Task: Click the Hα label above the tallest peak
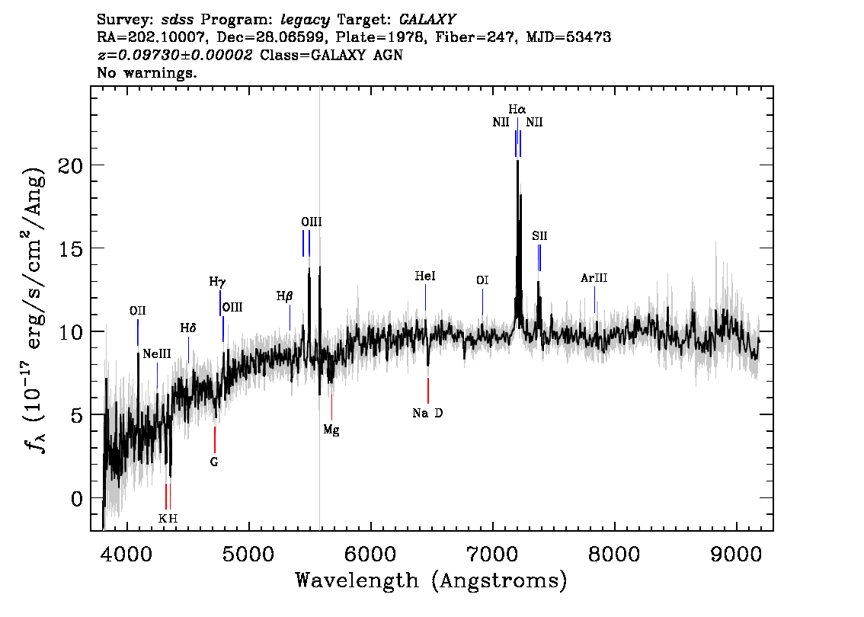tap(517, 109)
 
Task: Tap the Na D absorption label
tap(427, 413)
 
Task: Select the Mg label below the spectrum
tap(331, 430)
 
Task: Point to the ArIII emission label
tap(594, 278)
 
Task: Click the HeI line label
tap(425, 276)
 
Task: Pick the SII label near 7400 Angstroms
tap(539, 236)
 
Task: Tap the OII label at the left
tap(138, 312)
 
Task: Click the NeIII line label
tap(157, 354)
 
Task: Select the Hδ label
tap(188, 328)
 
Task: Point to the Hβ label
tap(284, 296)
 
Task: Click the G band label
tap(214, 462)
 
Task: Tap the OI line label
tap(482, 281)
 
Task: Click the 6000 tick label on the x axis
tap(371, 554)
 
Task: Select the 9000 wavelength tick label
tap(736, 554)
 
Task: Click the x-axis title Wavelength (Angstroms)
tap(431, 580)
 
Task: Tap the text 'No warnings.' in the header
tap(146, 72)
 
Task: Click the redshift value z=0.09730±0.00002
tap(174, 55)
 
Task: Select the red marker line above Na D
tap(428, 391)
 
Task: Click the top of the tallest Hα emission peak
tap(517, 161)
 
